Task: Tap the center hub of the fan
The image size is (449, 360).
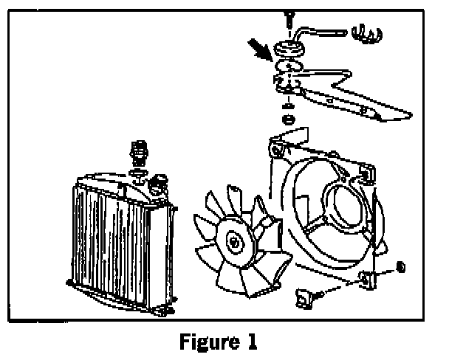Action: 235,241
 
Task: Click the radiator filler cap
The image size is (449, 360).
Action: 157,182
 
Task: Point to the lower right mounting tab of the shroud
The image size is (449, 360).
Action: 366,279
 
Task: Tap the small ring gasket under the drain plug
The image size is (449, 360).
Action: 137,175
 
